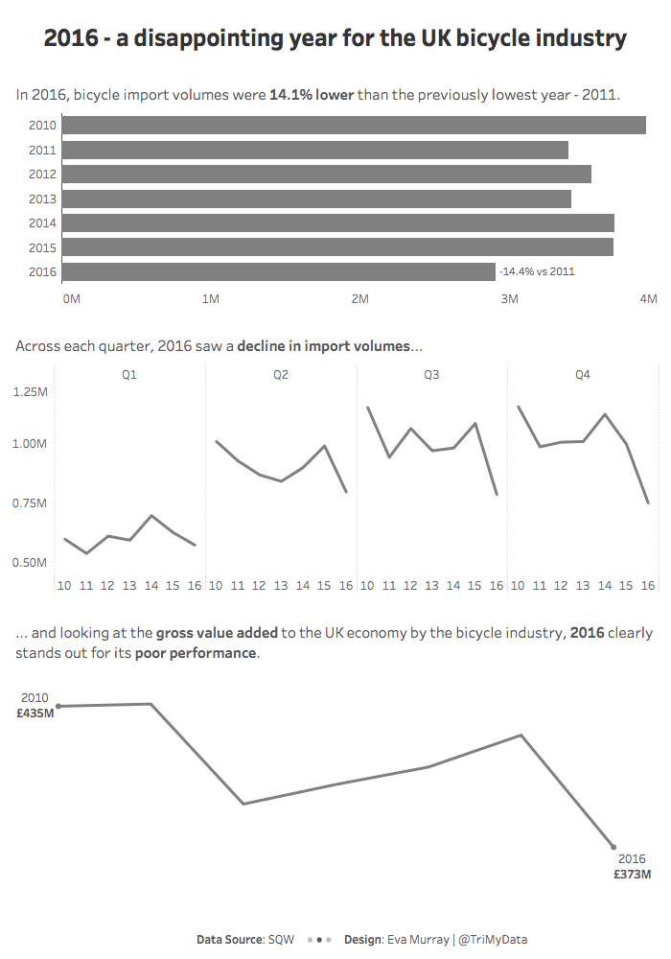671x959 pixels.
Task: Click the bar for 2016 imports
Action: click(278, 271)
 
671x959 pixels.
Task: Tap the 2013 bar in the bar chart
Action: click(316, 199)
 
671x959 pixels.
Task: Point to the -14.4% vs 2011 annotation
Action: click(537, 271)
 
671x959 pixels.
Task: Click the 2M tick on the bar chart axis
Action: click(360, 299)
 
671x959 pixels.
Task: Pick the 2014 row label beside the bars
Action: click(42, 222)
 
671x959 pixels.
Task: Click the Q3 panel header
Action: click(431, 375)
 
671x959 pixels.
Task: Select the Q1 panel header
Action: click(129, 375)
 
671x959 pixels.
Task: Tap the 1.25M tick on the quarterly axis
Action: click(31, 392)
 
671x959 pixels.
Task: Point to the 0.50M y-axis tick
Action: click(31, 562)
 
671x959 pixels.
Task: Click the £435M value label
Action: click(36, 713)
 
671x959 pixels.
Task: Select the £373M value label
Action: click(633, 875)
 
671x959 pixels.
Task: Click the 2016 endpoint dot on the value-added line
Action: click(613, 847)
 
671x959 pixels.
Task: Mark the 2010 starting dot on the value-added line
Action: click(58, 707)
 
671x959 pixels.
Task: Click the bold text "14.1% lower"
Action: click(312, 95)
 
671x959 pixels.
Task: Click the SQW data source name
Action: click(282, 940)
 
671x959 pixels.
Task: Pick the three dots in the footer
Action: click(319, 940)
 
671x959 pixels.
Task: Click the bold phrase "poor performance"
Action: click(196, 653)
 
